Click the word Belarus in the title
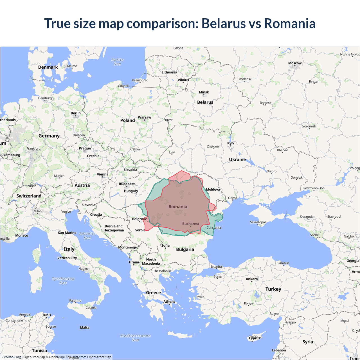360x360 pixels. pos(224,23)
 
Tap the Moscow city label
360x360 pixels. pos(295,63)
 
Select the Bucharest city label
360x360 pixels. pos(190,224)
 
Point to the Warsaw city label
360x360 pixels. pos(144,118)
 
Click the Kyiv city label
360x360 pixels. pos(231,143)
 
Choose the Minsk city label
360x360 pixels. pos(204,92)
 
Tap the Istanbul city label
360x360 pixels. pos(217,267)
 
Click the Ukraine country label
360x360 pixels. pos(237,159)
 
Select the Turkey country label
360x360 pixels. pos(273,289)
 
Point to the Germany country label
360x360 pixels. pos(49,136)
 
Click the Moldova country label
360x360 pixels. pos(213,190)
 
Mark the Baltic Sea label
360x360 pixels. pos(118,62)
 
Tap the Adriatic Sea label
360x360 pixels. pos(87,236)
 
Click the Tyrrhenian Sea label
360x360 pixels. pos(63,281)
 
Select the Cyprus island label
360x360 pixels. pos(255,338)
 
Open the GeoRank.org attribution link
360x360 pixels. pos(11,357)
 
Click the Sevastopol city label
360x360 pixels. pos(258,222)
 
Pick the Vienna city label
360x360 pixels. pos(102,174)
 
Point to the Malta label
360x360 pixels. pos(85,328)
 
